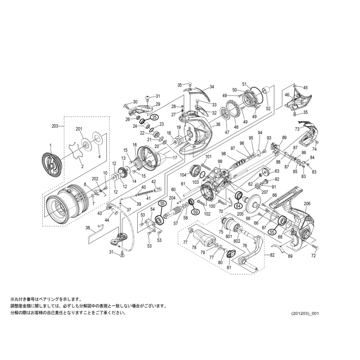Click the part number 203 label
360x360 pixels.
(55, 127)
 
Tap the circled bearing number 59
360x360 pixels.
(195, 212)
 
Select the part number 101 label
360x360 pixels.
(208, 157)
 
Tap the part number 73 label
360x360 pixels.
(297, 129)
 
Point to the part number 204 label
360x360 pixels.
(171, 198)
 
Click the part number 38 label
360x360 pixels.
(88, 228)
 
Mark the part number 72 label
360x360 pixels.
(314, 256)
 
